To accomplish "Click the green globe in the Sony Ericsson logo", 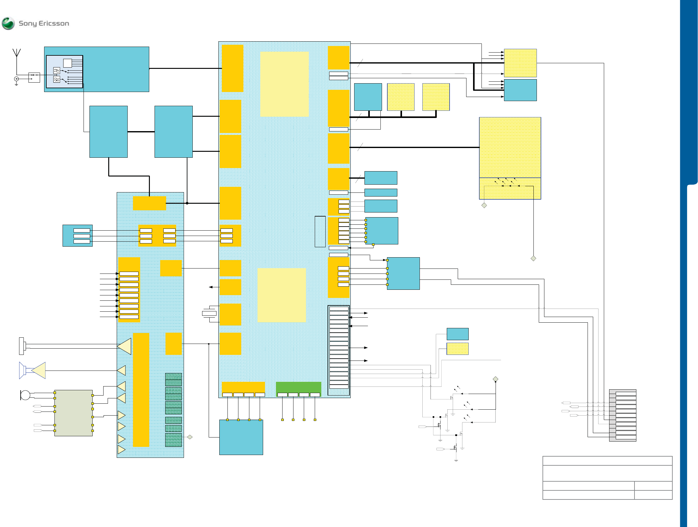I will (8, 23).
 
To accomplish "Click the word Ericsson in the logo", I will (53, 23).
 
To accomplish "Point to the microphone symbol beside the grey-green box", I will (25, 395).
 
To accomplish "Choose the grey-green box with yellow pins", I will (73, 413).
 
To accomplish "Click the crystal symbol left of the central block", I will (209, 313).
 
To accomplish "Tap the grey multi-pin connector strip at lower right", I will (622, 415).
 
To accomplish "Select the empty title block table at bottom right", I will (607, 478).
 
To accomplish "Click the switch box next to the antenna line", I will (34, 77).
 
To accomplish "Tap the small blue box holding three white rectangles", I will (77, 235).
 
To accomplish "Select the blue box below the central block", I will (241, 437).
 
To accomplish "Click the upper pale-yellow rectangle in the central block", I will (284, 84).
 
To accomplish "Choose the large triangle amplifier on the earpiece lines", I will (125, 346).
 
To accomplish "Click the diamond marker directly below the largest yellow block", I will (484, 205).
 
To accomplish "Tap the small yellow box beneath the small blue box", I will (457, 349).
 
